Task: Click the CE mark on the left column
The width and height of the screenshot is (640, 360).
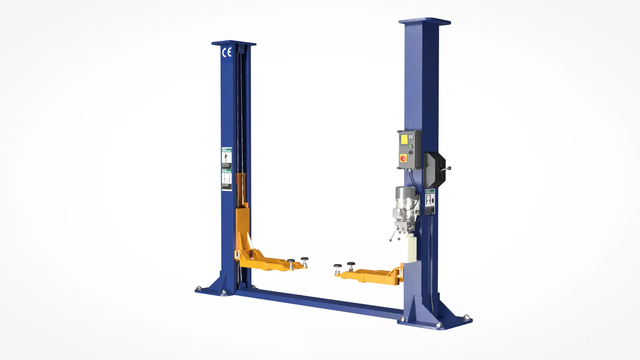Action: pyautogui.click(x=227, y=53)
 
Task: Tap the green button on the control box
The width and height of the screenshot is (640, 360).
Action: pyautogui.click(x=411, y=146)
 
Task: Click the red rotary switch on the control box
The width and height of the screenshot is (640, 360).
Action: pyautogui.click(x=403, y=158)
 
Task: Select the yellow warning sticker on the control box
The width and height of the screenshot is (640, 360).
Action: pyautogui.click(x=404, y=139)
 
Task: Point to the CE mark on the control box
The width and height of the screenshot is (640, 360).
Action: pyautogui.click(x=411, y=137)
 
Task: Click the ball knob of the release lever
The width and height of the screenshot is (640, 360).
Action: pyautogui.click(x=449, y=168)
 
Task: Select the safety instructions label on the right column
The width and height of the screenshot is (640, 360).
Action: pyautogui.click(x=430, y=202)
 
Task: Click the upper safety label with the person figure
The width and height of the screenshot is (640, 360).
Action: pyautogui.click(x=227, y=157)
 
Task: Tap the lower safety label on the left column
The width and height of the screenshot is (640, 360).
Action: pyautogui.click(x=227, y=180)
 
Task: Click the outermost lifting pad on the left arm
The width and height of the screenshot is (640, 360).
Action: pyautogui.click(x=305, y=259)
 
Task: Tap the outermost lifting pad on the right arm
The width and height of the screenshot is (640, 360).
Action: pyautogui.click(x=337, y=266)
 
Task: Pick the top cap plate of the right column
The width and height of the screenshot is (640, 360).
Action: pyautogui.click(x=425, y=21)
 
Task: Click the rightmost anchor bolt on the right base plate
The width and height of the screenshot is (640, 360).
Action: pyautogui.click(x=466, y=317)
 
